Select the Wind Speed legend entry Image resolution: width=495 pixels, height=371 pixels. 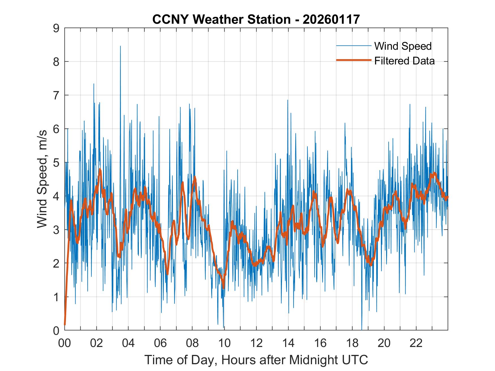[x=403, y=46]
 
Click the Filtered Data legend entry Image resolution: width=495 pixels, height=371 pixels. [x=404, y=61]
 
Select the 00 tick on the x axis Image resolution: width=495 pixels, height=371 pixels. [x=64, y=343]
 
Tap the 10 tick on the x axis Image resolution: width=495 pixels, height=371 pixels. [x=224, y=343]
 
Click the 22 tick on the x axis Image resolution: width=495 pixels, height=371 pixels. [x=416, y=343]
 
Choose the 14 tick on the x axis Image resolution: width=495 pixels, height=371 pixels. [x=288, y=343]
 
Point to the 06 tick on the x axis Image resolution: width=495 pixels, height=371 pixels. [x=160, y=343]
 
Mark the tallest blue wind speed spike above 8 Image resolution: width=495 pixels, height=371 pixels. [x=120, y=46]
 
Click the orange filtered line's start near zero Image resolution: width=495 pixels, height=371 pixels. [x=65, y=324]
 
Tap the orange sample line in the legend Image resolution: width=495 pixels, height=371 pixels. [x=353, y=60]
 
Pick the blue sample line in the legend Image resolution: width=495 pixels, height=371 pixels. [x=353, y=45]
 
